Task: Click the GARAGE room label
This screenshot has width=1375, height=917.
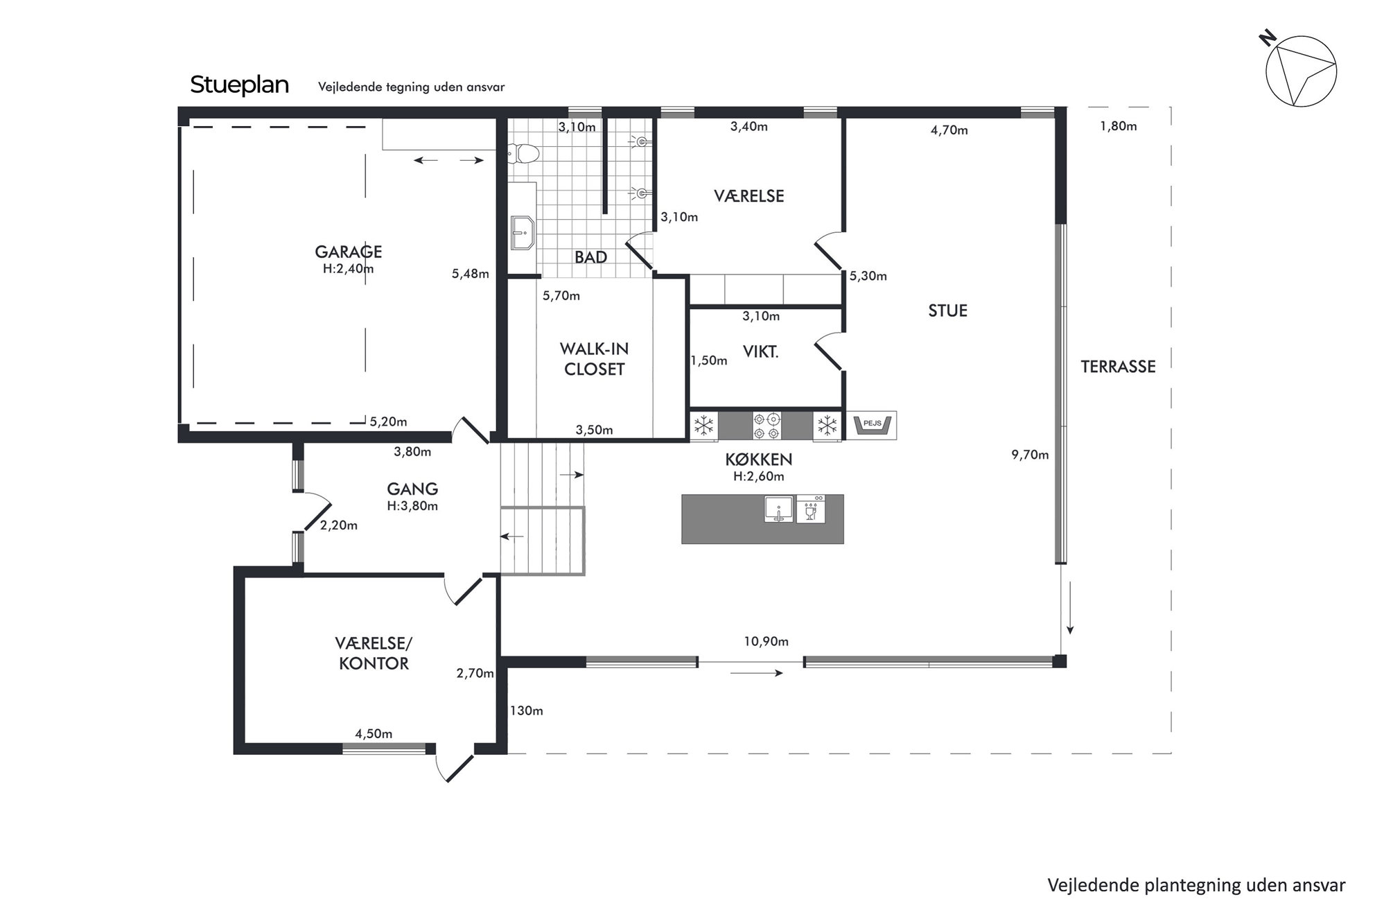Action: (x=348, y=252)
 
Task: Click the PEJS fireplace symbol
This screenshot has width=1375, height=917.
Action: (x=871, y=425)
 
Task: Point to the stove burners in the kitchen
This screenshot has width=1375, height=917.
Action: (x=767, y=426)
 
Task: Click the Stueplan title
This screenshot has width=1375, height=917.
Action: (x=239, y=85)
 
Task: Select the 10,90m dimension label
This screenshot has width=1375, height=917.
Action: (x=766, y=642)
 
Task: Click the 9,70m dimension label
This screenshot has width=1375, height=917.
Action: (x=1030, y=455)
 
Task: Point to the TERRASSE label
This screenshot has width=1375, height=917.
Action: (x=1118, y=367)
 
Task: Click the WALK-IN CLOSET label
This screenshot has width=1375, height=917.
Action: (x=595, y=359)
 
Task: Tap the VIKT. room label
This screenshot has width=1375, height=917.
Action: (x=760, y=352)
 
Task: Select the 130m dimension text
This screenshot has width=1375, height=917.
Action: (x=527, y=711)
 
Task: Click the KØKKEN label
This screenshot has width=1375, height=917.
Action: (x=758, y=460)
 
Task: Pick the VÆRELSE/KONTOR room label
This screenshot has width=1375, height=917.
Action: (x=374, y=654)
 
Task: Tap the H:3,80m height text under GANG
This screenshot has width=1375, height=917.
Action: (x=412, y=506)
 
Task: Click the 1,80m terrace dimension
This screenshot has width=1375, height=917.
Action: (x=1119, y=126)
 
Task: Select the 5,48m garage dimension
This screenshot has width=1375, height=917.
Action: (x=471, y=274)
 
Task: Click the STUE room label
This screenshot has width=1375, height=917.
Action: (x=947, y=311)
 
